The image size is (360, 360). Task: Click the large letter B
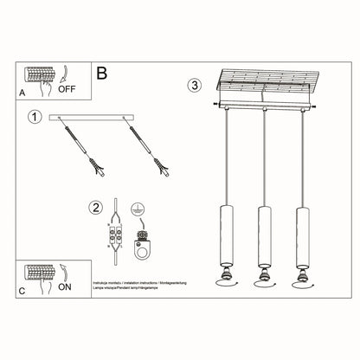(103, 76)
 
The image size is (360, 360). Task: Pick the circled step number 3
(196, 85)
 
